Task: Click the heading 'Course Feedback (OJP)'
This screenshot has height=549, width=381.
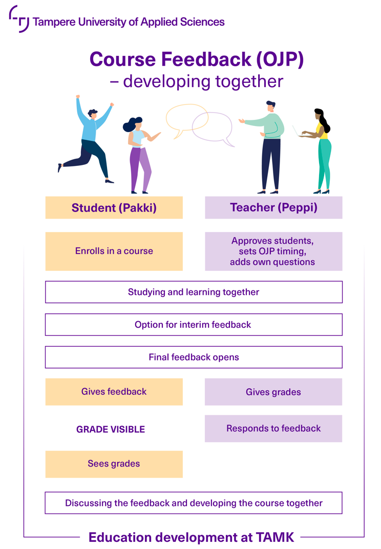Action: point(197,59)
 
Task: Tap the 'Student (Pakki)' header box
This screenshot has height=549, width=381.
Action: point(114,207)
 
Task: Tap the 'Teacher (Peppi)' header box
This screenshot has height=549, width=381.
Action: point(273,207)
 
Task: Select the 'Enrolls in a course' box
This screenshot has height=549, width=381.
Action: point(114,251)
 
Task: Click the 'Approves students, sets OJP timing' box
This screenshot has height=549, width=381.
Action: point(273,251)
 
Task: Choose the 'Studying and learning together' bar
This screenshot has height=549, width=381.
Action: point(194,292)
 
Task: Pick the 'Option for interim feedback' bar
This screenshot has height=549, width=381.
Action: point(194,325)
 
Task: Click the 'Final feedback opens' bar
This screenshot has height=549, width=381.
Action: point(194,357)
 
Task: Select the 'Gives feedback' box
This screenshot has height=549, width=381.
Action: point(114,392)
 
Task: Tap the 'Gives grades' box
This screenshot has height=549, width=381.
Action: point(273,392)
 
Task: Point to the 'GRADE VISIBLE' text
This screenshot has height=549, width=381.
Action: point(111,429)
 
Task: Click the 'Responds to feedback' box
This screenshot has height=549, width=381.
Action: point(273,428)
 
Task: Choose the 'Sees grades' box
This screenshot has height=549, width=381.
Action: point(114,464)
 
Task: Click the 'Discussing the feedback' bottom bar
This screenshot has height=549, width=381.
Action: point(194,503)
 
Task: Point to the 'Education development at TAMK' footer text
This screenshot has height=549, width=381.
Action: point(192,537)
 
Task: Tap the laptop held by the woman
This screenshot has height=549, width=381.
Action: point(297,132)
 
